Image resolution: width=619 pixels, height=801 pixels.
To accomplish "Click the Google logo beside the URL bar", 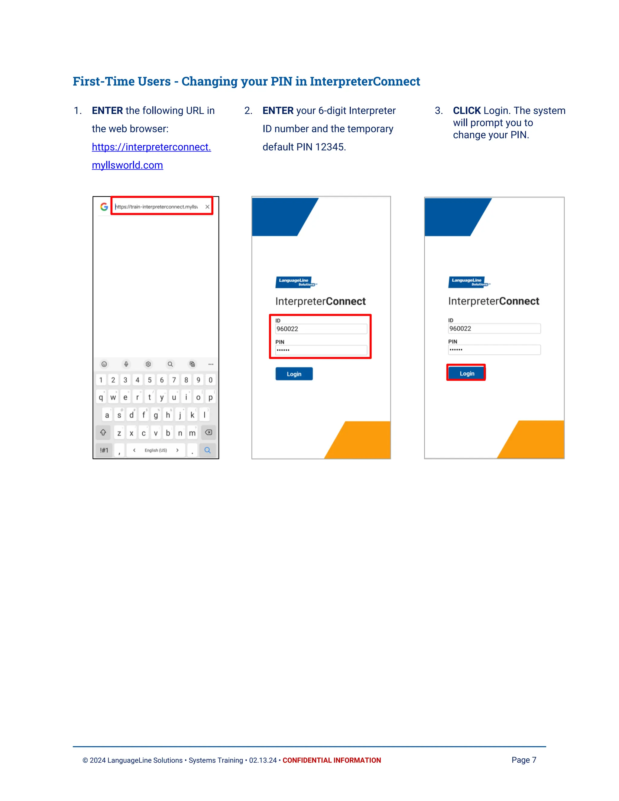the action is pos(104,207).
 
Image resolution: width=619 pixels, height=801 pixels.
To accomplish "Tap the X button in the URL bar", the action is pos(208,207).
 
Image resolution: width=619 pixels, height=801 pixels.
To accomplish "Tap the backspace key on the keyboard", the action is pos(208,433).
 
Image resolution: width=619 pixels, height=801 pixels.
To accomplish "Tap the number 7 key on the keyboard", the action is pos(174,380).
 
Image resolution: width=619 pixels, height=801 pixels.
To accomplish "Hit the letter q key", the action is pos(101,397).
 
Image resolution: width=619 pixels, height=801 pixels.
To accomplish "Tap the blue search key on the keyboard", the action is pos(208,450).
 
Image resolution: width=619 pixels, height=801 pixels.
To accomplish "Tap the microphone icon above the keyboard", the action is pos(126,364).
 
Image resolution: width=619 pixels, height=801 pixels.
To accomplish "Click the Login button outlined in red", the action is pos(466,373).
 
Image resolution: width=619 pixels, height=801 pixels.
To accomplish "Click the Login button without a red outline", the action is pos(294,374).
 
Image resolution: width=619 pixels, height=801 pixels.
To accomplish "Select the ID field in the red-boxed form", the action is pos(321,329).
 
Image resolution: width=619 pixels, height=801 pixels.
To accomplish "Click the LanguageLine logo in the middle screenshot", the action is pos(296,282).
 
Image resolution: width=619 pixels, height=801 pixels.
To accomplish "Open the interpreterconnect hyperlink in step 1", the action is pos(151,156).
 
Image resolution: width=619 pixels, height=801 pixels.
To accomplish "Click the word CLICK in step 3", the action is pos(467,110).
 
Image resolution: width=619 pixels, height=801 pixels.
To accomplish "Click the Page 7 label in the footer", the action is pos(524,760).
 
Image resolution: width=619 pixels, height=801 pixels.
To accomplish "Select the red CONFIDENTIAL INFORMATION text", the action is pos(332,760).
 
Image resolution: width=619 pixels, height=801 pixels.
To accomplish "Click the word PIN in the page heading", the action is pos(281,81).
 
